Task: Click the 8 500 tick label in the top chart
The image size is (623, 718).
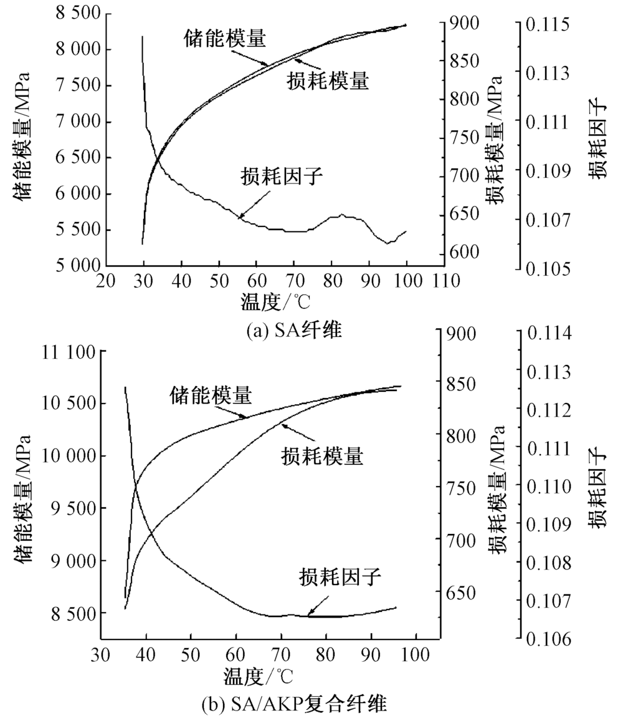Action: [63, 14]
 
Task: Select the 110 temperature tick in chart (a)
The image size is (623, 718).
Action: [443, 281]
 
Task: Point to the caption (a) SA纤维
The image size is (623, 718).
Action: [293, 329]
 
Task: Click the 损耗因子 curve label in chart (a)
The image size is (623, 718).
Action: [282, 176]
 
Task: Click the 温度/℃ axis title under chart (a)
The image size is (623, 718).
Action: [275, 302]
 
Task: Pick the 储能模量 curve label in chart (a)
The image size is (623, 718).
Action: [226, 39]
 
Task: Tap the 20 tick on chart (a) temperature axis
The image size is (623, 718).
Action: [106, 281]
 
